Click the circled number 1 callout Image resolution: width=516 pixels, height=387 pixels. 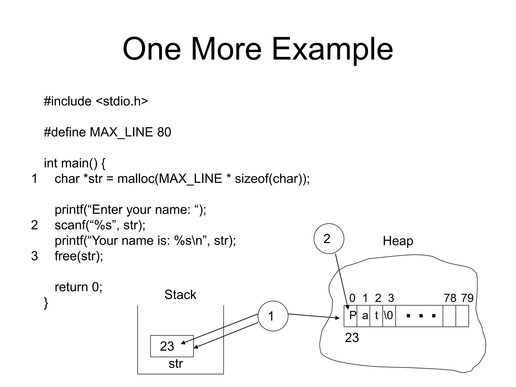273,316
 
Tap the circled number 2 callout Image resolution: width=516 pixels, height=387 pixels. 329,238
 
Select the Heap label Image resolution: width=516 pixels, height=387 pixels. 398,241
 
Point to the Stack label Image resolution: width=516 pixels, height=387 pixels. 180,295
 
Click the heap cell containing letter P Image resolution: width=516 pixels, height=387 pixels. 350,316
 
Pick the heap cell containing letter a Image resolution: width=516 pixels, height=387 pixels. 363,316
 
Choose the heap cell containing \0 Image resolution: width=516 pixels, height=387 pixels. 389,316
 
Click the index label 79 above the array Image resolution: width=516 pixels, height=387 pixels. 467,298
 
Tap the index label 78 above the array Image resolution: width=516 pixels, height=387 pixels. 450,298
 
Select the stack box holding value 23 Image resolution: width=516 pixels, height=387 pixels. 172,346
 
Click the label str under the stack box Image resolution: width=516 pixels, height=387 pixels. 176,364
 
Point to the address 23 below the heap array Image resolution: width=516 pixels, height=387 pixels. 352,338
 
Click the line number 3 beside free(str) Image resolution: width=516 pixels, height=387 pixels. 35,256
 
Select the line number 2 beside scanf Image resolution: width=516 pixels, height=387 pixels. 35,225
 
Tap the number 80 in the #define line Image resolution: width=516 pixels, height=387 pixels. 164,132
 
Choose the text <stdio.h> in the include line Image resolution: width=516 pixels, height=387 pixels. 122,101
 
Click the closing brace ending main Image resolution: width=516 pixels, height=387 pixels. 46,303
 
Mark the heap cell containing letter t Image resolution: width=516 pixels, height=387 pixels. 376,316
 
